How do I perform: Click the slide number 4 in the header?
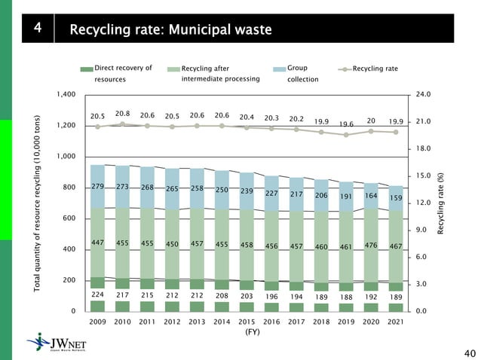[38, 30]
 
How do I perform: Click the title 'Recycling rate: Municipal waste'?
[170, 30]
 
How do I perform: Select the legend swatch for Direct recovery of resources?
[85, 69]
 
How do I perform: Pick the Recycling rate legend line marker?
[345, 69]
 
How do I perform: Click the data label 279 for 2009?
[97, 187]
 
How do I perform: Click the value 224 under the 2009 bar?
[97, 295]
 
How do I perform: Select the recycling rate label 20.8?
[122, 113]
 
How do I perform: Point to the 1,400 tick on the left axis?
[66, 94]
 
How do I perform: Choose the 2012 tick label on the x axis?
[172, 321]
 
